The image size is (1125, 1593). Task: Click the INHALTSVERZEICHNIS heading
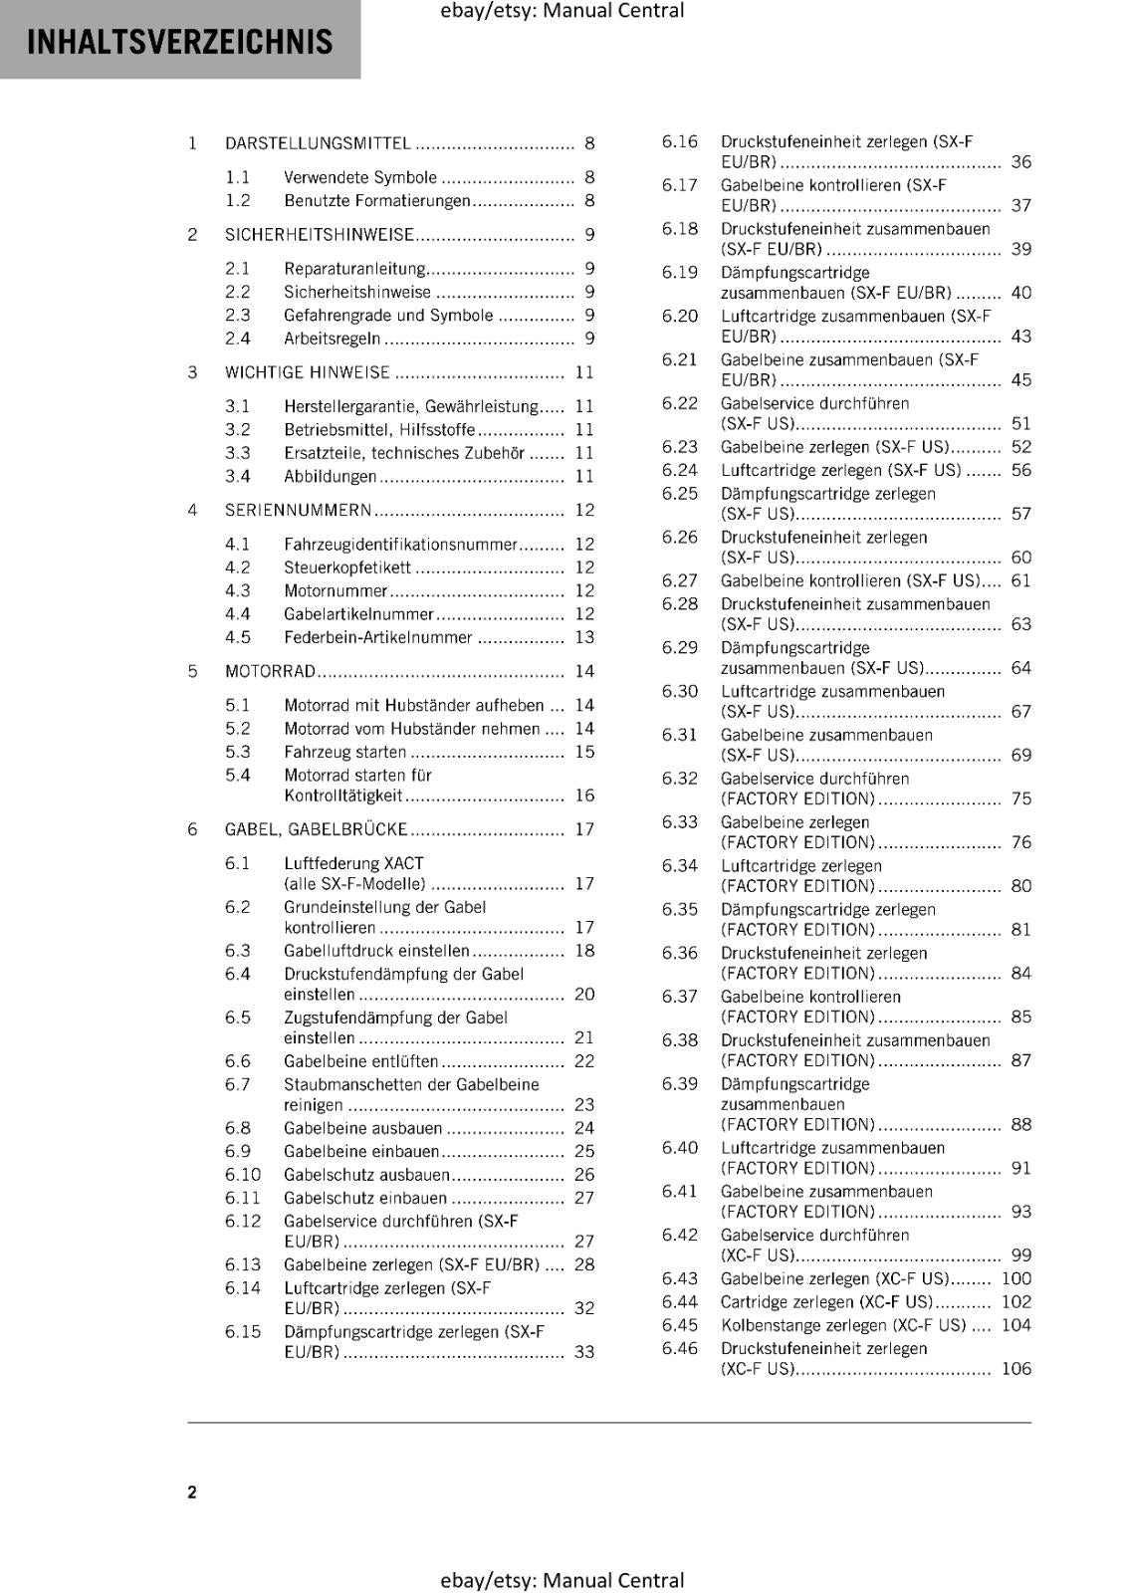click(179, 42)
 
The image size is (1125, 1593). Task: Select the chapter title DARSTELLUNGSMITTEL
click(318, 143)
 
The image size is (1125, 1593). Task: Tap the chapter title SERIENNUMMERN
click(298, 511)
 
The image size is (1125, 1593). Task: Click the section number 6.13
click(242, 1264)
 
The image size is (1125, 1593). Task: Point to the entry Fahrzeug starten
click(344, 753)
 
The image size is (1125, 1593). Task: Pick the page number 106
click(1015, 1369)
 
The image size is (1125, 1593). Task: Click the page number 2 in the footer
click(192, 1491)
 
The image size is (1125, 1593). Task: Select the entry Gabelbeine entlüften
click(360, 1061)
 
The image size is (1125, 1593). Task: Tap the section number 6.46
click(680, 1349)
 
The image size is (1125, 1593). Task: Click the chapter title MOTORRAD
click(270, 672)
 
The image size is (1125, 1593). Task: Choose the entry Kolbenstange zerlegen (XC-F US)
click(842, 1325)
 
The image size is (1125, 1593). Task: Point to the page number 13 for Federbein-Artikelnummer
click(584, 637)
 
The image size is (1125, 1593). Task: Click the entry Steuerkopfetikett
click(346, 568)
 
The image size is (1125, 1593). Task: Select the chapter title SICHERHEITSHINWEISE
click(319, 235)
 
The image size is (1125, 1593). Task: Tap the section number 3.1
click(237, 406)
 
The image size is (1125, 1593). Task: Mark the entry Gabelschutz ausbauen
click(366, 1175)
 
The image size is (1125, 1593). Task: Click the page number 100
click(1015, 1278)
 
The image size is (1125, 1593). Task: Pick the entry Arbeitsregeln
click(332, 339)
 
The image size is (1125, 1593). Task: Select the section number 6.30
click(680, 692)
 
